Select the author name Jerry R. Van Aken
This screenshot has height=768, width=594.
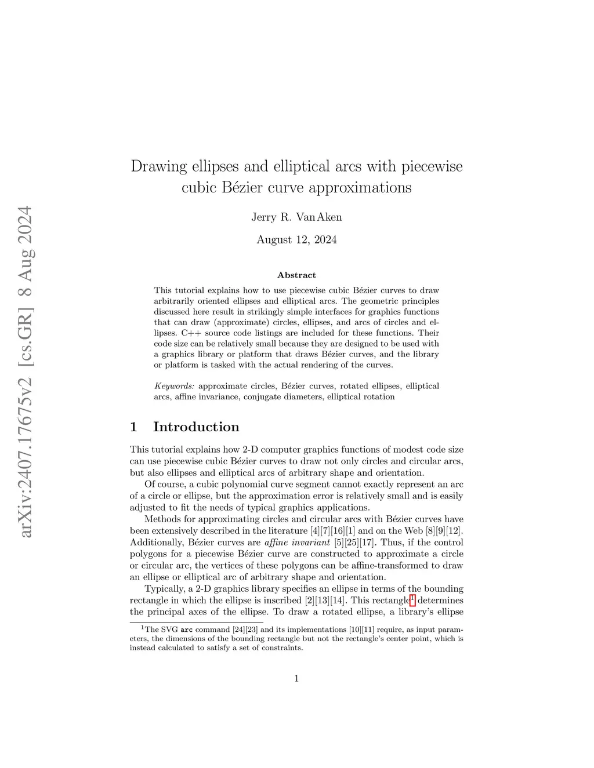coord(296,217)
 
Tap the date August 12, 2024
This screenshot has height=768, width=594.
coord(296,240)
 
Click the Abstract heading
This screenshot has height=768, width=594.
coord(296,275)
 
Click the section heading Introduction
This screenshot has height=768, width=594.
coord(196,427)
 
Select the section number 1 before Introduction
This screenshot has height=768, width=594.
coord(134,427)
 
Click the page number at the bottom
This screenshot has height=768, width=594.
coord(296,679)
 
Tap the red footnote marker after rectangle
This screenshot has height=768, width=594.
coord(412,599)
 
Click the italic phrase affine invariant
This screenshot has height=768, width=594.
coord(297,543)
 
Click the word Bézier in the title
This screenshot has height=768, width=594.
coord(243,188)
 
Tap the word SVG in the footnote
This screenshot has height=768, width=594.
coord(169,629)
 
